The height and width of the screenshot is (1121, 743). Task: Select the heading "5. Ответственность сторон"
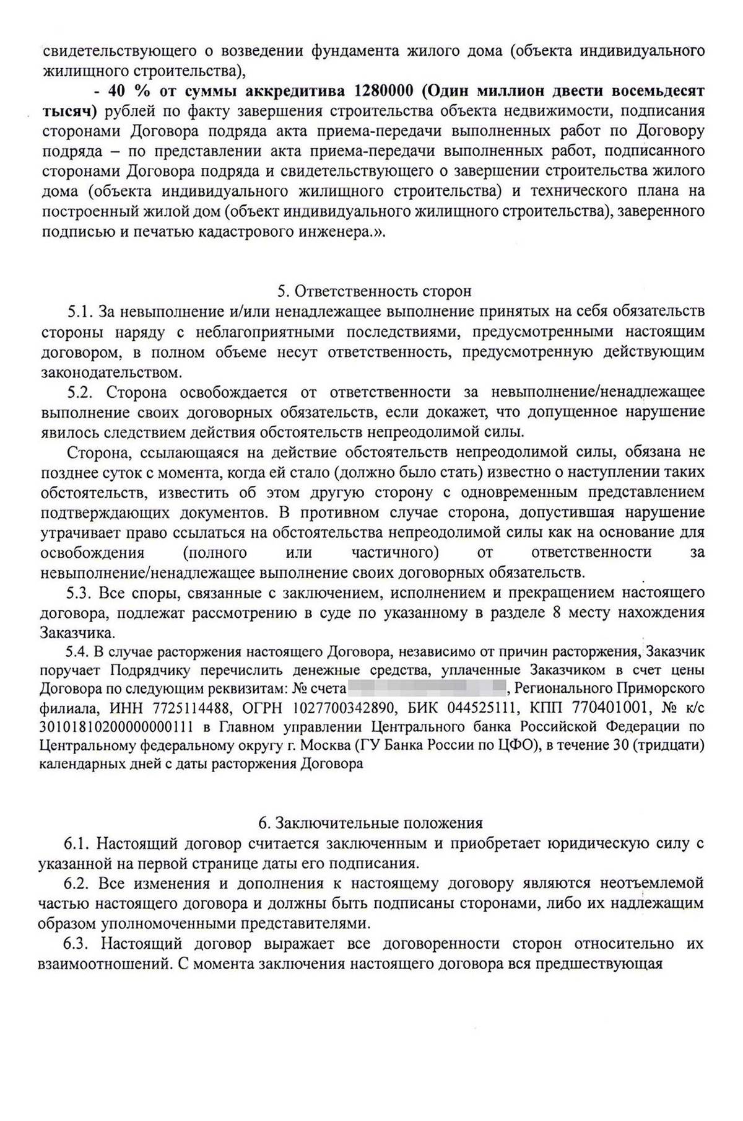[x=373, y=291]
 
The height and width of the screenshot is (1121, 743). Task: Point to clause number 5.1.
[x=79, y=311]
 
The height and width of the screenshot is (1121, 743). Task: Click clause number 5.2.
[x=79, y=392]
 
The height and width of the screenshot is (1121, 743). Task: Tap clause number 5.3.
[x=79, y=592]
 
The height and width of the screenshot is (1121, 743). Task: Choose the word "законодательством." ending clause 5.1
[x=111, y=372]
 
